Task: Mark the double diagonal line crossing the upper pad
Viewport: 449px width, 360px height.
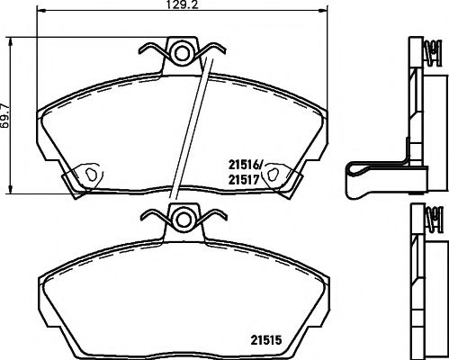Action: click(195, 126)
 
